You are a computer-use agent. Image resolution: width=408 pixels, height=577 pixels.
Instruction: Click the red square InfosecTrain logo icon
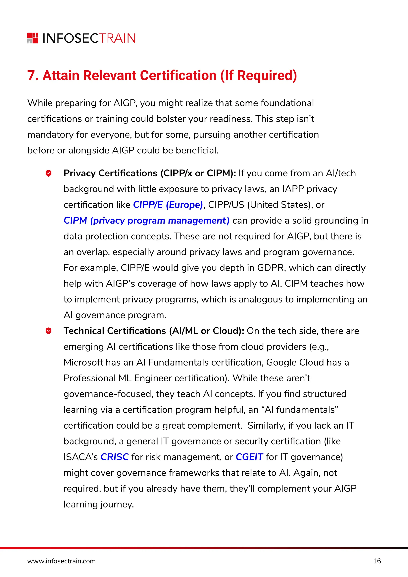coord(33,38)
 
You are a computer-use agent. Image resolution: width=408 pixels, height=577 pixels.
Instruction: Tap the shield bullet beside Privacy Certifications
coord(48,173)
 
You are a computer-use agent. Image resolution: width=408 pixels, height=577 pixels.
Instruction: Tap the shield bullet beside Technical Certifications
coord(48,331)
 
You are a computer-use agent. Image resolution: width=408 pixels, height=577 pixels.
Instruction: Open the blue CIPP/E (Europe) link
coord(168,205)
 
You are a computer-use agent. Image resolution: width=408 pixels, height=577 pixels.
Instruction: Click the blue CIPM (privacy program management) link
coord(146,220)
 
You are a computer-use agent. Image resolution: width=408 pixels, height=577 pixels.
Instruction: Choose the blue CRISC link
coord(115,457)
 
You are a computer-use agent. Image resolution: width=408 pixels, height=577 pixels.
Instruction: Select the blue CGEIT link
coord(249,457)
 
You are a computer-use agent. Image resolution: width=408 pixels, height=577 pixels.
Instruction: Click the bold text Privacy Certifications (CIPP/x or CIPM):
coord(149,173)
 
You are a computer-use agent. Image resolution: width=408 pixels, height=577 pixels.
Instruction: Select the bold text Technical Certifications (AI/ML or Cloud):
coord(154,331)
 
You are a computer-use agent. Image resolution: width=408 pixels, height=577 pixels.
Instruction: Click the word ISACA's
coord(80,457)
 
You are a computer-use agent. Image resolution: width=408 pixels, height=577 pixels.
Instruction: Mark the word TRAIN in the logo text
coord(117,38)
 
